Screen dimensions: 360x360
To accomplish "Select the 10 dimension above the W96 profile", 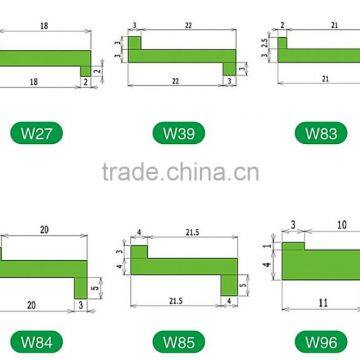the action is (341, 226).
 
